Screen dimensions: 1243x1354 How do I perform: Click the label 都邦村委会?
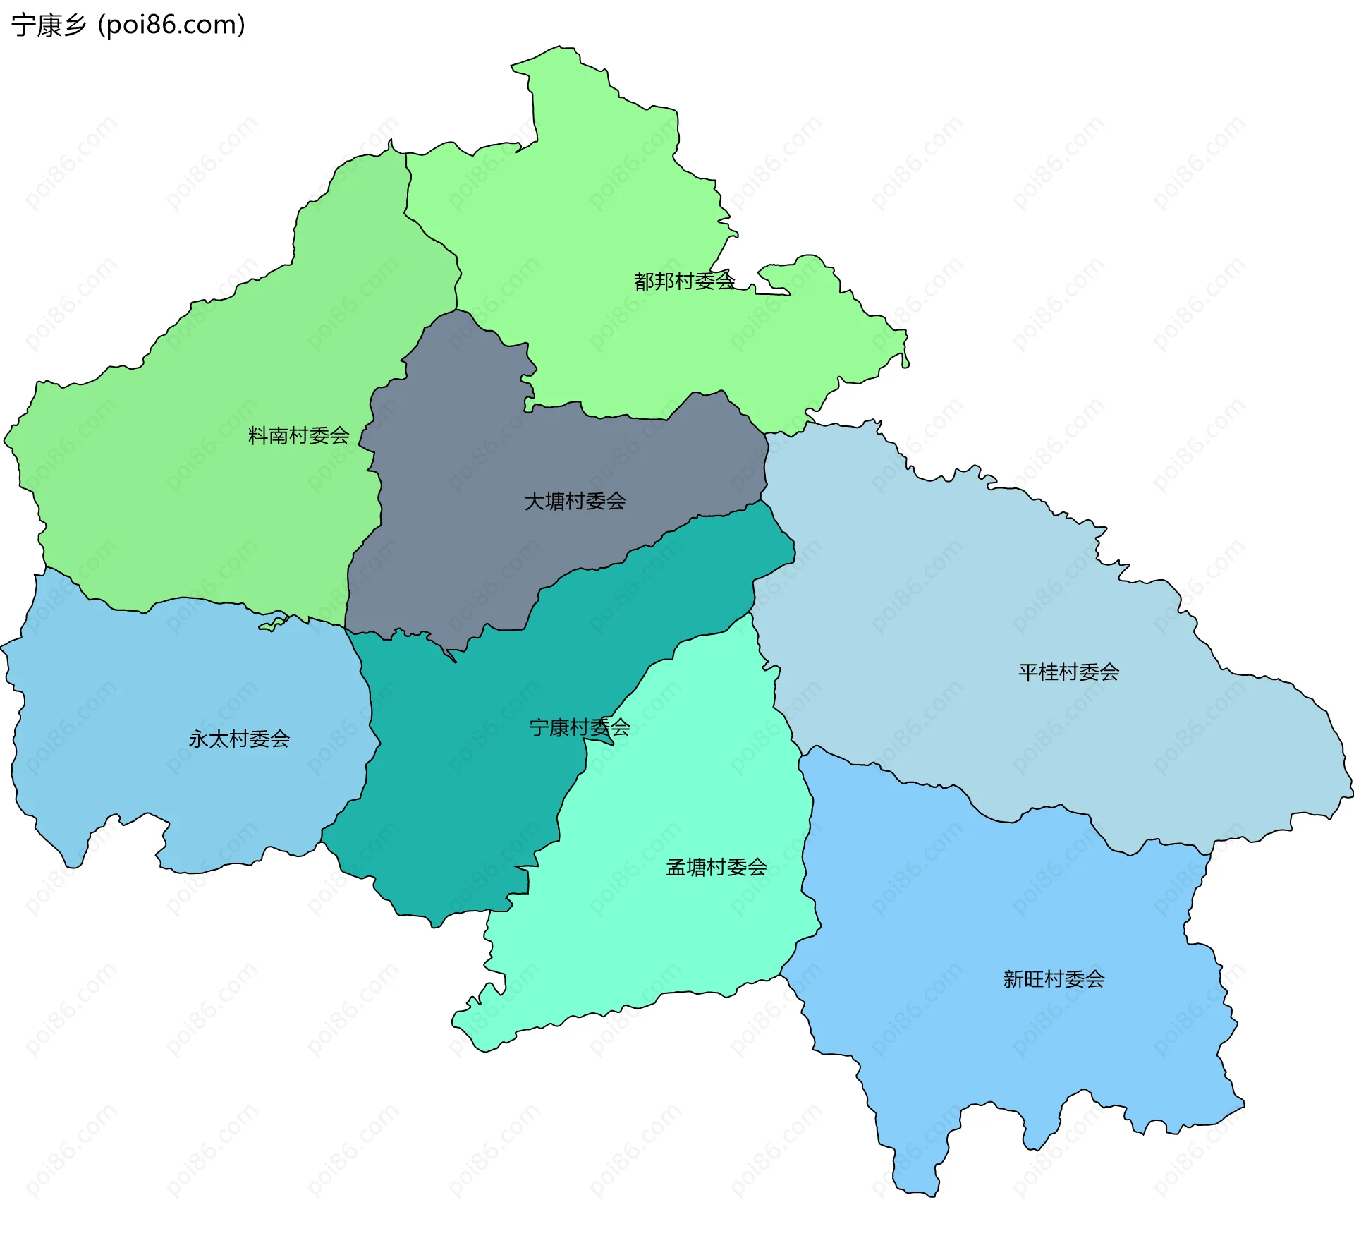pos(684,281)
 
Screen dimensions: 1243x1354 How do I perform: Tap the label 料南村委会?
pos(298,435)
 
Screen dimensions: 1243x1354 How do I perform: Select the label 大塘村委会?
pos(575,502)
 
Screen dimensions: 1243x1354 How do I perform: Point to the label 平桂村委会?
pos(1068,672)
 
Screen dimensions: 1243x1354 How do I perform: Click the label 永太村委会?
pos(239,739)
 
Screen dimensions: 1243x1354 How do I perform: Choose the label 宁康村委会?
pos(579,727)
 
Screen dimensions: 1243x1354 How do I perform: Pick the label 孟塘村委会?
pos(716,867)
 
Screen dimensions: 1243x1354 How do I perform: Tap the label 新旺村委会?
pos(1054,979)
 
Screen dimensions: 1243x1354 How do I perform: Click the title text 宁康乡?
pos(49,25)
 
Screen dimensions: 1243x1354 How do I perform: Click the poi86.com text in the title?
pos(171,25)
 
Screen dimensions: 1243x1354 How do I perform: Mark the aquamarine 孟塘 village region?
pos(677,917)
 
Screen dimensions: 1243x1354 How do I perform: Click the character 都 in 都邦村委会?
pos(644,281)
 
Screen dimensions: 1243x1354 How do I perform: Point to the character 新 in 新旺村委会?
pos(1013,979)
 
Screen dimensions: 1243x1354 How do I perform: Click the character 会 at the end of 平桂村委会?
pos(1109,672)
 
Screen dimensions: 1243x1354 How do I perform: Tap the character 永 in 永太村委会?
pos(199,739)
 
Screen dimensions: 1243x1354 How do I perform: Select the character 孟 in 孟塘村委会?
pos(676,867)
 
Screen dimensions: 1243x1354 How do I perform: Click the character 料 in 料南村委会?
pos(258,435)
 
